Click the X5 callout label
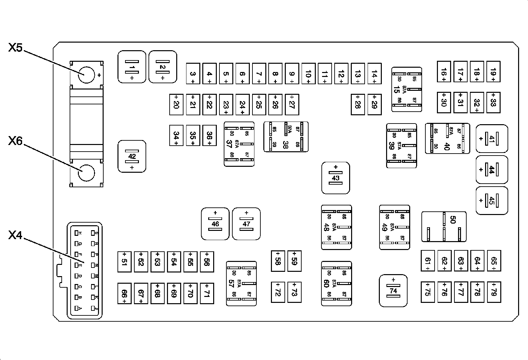[x=15, y=48]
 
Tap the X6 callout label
[x=15, y=141]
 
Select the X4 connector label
[x=15, y=235]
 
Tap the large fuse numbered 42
[x=132, y=156]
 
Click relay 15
[x=407, y=90]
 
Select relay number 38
[x=286, y=137]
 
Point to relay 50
[x=444, y=227]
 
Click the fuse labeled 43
[x=336, y=178]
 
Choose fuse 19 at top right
[x=493, y=71]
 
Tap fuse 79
[x=494, y=292]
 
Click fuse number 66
[x=124, y=294]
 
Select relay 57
[x=241, y=283]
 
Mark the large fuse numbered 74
[x=393, y=291]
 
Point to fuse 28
[x=358, y=104]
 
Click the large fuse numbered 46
[x=215, y=224]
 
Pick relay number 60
[x=336, y=283]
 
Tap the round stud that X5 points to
[x=86, y=75]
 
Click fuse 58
[x=278, y=261]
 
